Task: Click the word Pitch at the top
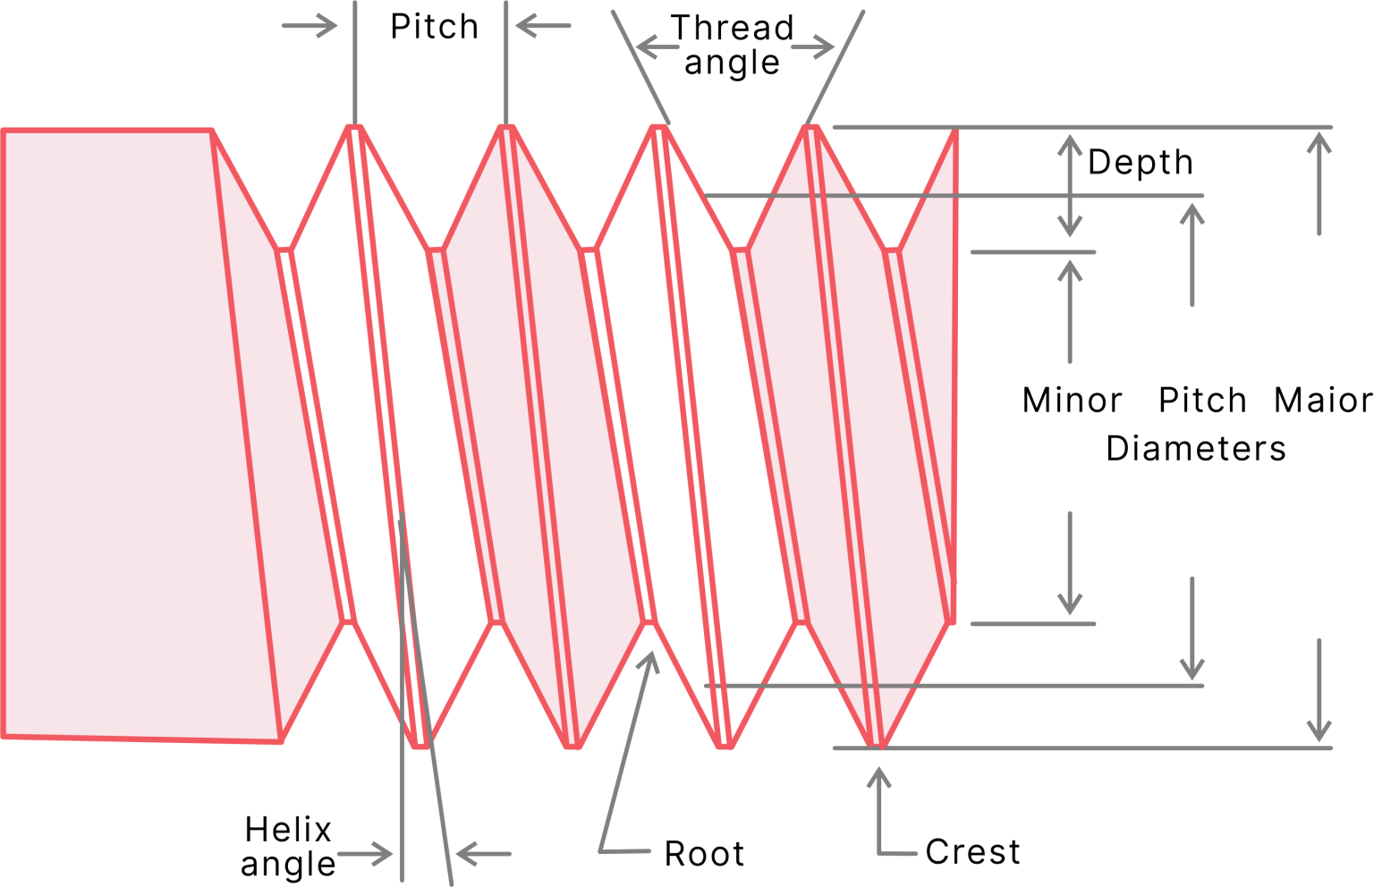(x=434, y=26)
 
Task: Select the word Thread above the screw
(x=733, y=28)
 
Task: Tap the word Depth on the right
(x=1141, y=163)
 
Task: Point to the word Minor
(x=1073, y=401)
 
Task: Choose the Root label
(x=705, y=853)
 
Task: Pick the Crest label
(x=973, y=851)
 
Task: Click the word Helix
(x=288, y=830)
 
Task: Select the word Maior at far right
(x=1324, y=401)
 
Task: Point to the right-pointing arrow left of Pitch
(x=310, y=26)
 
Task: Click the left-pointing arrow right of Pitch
(x=543, y=26)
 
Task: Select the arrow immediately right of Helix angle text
(x=364, y=853)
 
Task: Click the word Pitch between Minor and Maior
(x=1203, y=401)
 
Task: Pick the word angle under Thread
(x=732, y=63)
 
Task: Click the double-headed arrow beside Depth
(x=1070, y=185)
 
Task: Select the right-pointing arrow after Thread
(x=813, y=46)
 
